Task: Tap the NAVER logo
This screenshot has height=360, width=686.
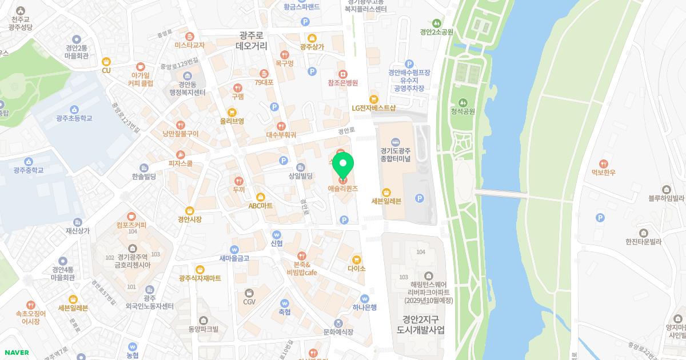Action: point(17,353)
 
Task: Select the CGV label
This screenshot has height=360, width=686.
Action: point(249,301)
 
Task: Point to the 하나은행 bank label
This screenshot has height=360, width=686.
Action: point(364,307)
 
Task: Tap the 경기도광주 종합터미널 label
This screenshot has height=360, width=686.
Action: point(396,154)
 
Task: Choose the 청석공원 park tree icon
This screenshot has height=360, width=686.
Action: point(464,102)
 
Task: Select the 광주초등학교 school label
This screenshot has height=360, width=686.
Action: point(74,118)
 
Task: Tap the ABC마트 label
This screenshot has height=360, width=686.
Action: point(261,205)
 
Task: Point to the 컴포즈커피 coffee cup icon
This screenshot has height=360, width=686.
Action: point(131,216)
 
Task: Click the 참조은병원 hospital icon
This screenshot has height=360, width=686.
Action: point(342,74)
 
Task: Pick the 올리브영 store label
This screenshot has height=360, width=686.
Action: point(232,121)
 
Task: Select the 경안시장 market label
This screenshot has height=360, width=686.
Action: point(190,218)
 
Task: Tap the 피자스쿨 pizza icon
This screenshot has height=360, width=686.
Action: point(181,154)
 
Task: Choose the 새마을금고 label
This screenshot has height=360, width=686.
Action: point(234,258)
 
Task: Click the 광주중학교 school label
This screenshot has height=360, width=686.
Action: point(29,170)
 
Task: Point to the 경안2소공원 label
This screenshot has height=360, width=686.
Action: point(436,32)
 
